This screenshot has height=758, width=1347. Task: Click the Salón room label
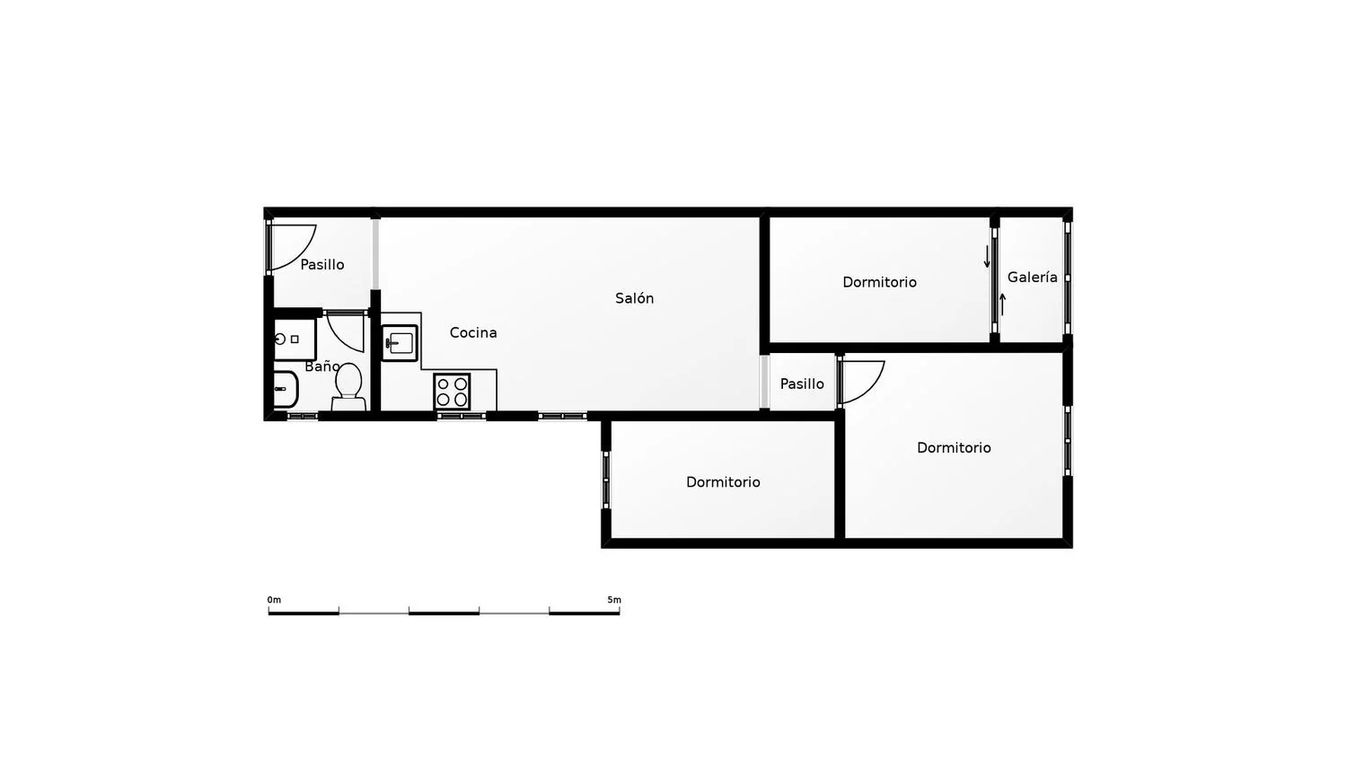tap(634, 298)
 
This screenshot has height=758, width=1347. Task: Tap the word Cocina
tap(473, 332)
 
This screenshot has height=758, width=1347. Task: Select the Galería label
tap(1033, 278)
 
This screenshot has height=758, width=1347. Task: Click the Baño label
tap(322, 366)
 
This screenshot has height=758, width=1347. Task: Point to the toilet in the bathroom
tap(348, 387)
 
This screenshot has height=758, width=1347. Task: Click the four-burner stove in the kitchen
tap(452, 392)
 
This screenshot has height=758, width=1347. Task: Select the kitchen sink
tap(400, 343)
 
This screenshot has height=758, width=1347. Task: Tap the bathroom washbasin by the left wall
tap(286, 389)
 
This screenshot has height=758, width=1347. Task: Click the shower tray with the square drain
tap(295, 339)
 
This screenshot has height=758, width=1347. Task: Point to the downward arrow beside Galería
tap(987, 257)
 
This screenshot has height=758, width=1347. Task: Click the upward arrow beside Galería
tap(1002, 304)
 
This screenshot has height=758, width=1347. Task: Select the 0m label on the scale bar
tap(274, 600)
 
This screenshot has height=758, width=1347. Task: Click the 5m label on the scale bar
tap(614, 600)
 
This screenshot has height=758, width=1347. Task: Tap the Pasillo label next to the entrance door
tap(322, 265)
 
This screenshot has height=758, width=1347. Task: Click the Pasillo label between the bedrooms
tap(802, 383)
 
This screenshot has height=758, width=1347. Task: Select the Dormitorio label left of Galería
tap(880, 282)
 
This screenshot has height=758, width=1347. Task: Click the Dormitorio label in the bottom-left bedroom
tap(724, 482)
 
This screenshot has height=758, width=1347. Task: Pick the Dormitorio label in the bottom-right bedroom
tap(955, 447)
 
